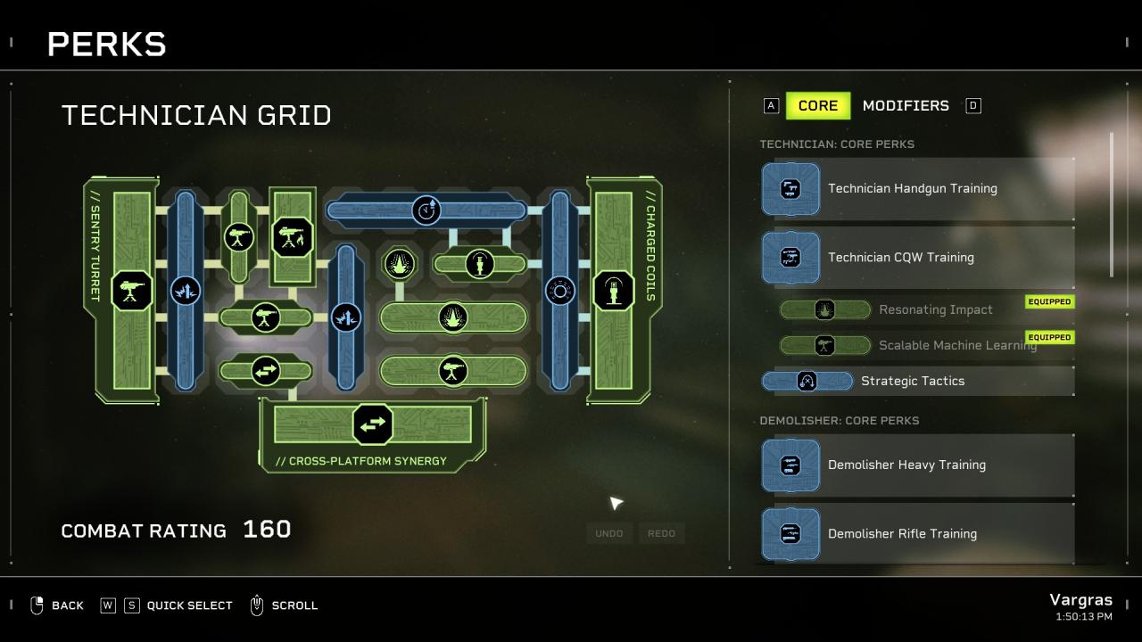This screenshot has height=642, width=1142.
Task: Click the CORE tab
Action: [x=817, y=105]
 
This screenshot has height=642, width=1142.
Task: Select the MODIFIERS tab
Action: [x=905, y=105]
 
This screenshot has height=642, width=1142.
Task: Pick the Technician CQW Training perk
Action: [x=900, y=258]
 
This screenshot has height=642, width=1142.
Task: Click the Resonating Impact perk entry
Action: [x=935, y=309]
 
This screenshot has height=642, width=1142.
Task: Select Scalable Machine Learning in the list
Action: [x=956, y=345]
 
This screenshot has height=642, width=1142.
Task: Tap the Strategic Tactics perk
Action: [x=912, y=381]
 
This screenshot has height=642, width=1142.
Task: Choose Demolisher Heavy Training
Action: [x=906, y=465]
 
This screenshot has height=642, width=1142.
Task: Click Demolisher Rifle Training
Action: [x=902, y=534]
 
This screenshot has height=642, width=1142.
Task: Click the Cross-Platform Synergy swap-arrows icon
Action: [x=373, y=424]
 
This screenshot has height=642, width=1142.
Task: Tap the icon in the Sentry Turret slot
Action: [x=132, y=291]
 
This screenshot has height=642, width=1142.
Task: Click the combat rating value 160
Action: [x=267, y=530]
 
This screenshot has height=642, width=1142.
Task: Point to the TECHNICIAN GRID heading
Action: [x=196, y=115]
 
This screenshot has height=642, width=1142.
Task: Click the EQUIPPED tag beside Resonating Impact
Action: [x=1049, y=301]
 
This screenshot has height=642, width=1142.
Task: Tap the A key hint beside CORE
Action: [x=771, y=106]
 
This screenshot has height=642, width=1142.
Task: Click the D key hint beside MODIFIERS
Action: [x=973, y=106]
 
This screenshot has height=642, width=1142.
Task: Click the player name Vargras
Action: [x=1080, y=599]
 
